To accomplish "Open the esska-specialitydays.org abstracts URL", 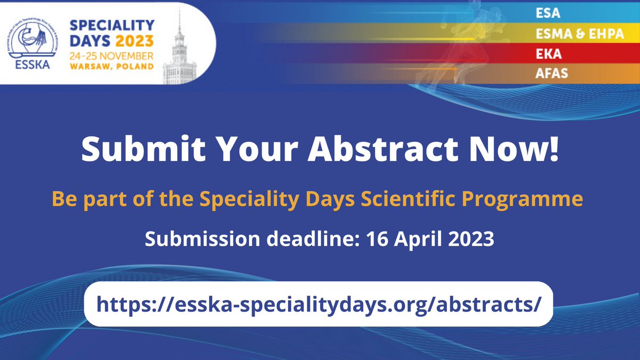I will click(x=318, y=304).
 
